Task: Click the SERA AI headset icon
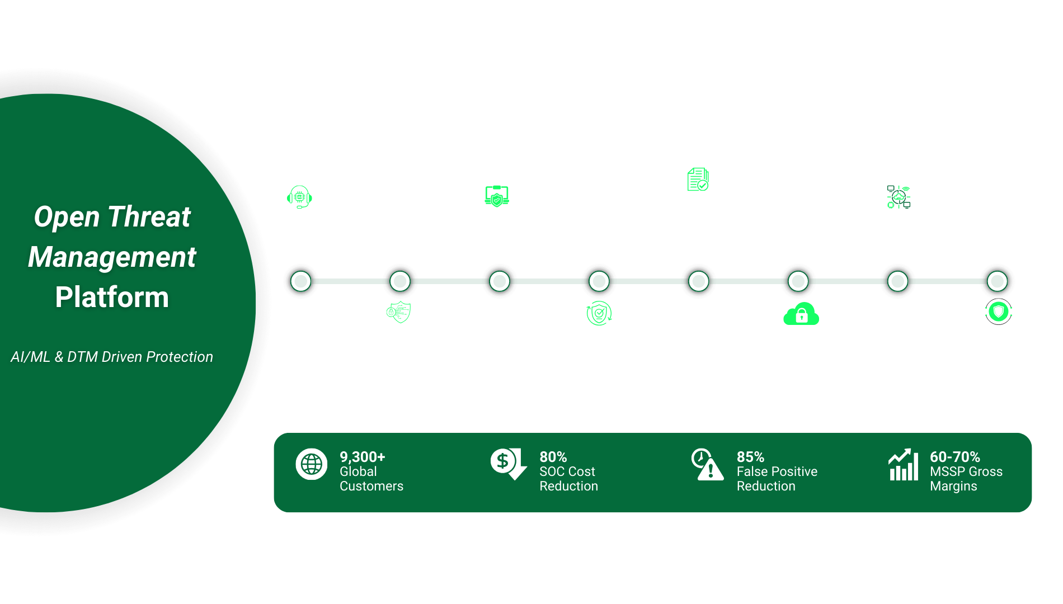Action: (x=299, y=197)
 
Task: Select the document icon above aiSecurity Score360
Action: (x=698, y=180)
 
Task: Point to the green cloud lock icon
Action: (x=801, y=314)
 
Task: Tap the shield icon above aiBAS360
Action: (x=998, y=312)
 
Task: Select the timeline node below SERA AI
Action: (x=301, y=281)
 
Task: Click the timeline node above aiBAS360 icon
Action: (x=997, y=281)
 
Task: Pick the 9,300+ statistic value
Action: (x=363, y=457)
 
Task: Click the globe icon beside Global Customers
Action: (x=312, y=464)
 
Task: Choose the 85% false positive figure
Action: (x=750, y=457)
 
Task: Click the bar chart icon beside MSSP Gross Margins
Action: (x=903, y=465)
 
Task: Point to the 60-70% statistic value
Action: (x=954, y=457)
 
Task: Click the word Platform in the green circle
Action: (x=112, y=297)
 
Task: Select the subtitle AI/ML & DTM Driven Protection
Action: (x=112, y=357)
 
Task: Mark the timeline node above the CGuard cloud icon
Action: (x=798, y=281)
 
